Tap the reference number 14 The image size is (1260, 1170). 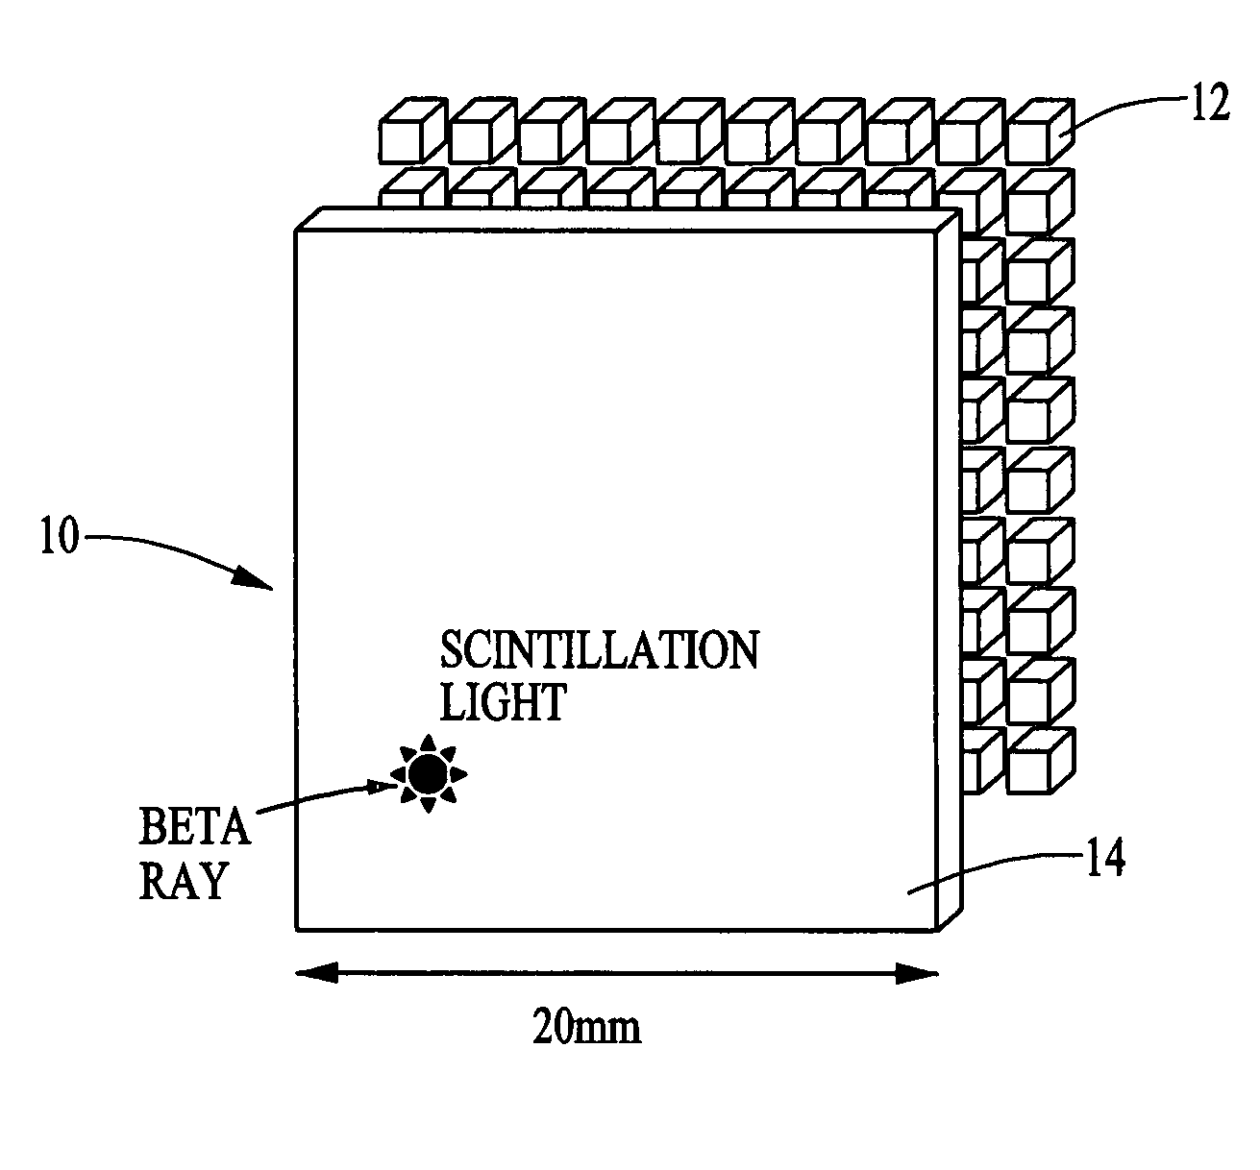pos(1104,858)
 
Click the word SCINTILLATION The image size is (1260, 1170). pos(599,650)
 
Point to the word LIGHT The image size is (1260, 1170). pos(503,702)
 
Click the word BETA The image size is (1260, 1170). pos(195,825)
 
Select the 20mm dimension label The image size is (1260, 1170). pos(586,1029)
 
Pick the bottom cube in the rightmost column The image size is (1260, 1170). pos(1036,761)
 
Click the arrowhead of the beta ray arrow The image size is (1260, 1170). pos(387,786)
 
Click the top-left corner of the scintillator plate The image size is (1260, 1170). pos(296,231)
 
